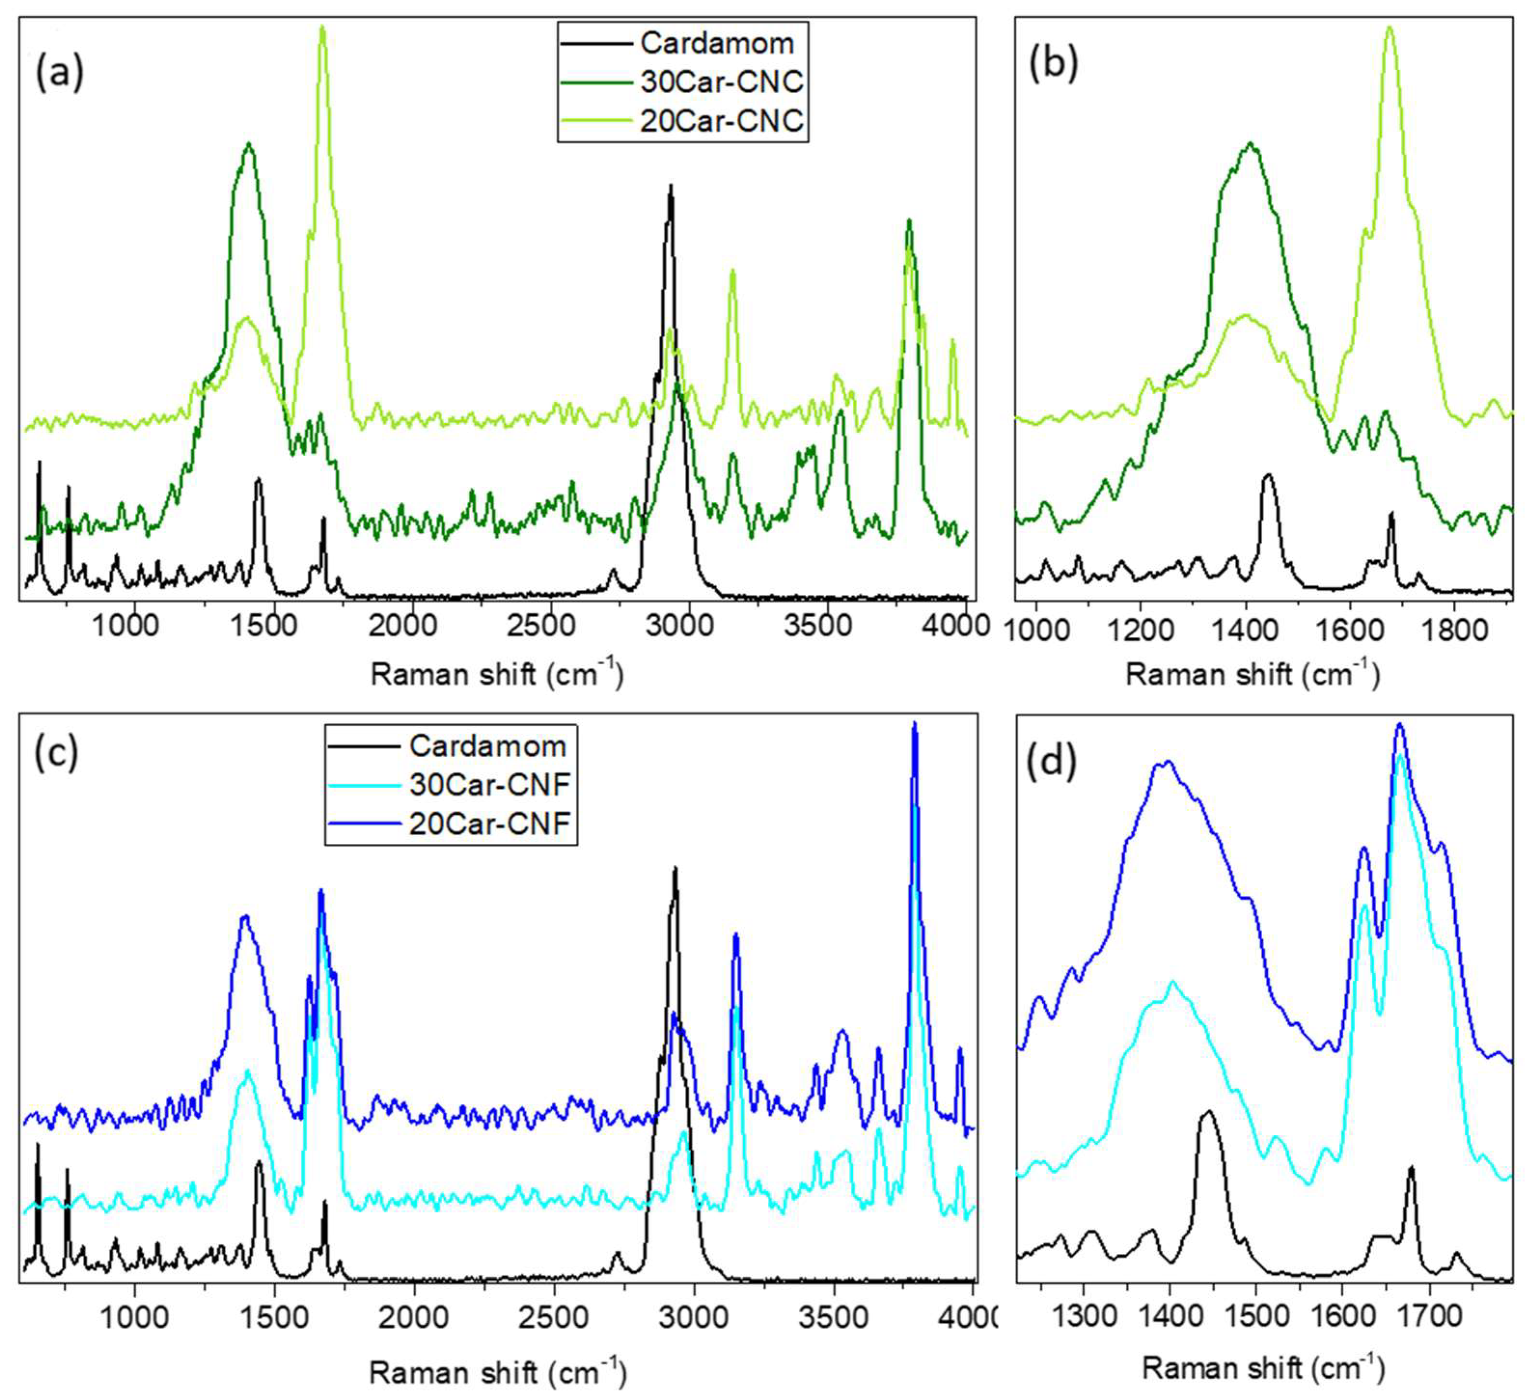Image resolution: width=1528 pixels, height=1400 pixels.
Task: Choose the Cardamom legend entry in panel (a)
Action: [716, 43]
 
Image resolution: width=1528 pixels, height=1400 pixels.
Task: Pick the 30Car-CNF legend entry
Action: [489, 784]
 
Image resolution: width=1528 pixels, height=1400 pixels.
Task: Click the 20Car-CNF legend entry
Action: [489, 823]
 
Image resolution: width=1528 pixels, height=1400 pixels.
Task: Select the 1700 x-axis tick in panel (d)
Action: [1430, 1316]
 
